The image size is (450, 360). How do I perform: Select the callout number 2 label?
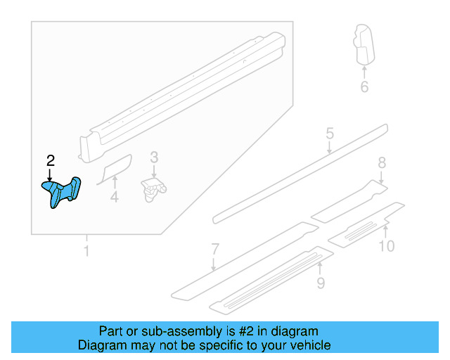point(50,160)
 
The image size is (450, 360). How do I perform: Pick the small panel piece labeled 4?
point(114,169)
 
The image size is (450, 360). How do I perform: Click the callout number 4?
point(114,199)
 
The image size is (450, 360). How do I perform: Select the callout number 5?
point(329,134)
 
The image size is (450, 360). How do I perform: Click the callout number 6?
point(364,87)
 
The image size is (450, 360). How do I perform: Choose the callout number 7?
point(215,249)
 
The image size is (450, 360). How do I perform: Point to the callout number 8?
point(382,163)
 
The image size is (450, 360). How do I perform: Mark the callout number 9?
point(320,283)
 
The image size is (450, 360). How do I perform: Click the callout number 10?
point(387,245)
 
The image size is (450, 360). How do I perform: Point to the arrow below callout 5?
point(329,148)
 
